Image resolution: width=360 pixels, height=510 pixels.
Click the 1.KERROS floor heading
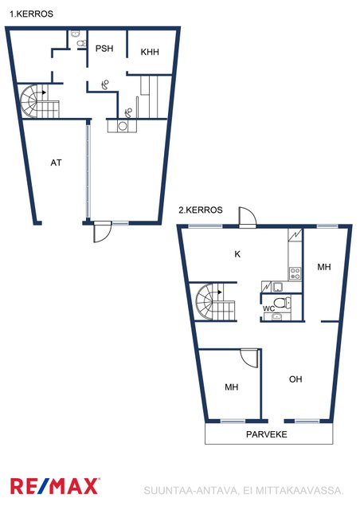[x=31, y=14]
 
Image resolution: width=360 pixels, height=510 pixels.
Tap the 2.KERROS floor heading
[x=201, y=210]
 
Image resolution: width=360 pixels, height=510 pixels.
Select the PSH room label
[x=104, y=49]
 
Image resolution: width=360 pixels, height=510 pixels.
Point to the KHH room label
[x=150, y=52]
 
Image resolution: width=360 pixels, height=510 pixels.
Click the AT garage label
[x=56, y=163]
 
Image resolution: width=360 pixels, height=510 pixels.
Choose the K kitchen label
[x=237, y=254]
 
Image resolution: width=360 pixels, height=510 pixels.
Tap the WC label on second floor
[x=269, y=308]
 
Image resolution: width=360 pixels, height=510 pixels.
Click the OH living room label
[x=295, y=379]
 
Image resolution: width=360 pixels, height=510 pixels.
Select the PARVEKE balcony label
[x=267, y=434]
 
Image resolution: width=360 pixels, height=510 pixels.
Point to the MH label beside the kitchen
[x=324, y=267]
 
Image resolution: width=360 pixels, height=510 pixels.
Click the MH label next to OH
[x=232, y=387]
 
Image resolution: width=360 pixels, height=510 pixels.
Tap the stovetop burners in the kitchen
[x=295, y=273]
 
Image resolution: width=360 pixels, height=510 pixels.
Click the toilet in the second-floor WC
[x=282, y=302]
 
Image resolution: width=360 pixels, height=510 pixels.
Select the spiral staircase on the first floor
[x=39, y=101]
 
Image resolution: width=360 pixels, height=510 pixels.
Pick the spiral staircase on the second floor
[x=215, y=302]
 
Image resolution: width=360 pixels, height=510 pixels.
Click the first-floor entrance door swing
[x=103, y=232]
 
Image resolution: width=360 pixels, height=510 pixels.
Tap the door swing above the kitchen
[x=248, y=216]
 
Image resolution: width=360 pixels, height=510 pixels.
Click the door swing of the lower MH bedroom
[x=249, y=359]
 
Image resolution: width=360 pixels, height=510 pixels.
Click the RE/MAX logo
[x=55, y=486]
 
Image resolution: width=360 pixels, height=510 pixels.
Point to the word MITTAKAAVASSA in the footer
[x=299, y=491]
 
